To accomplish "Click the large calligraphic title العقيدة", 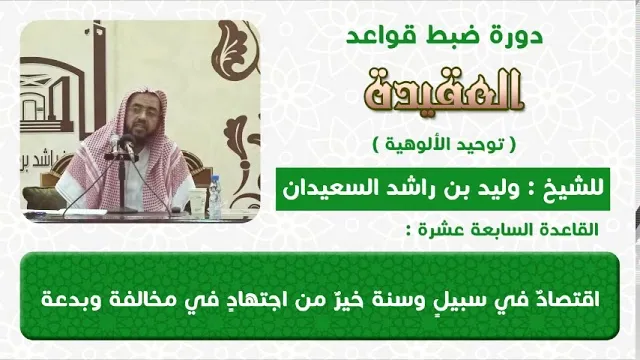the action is [x=443, y=91].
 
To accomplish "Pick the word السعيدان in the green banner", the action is [x=318, y=189].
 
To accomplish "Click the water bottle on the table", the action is [x=215, y=197].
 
